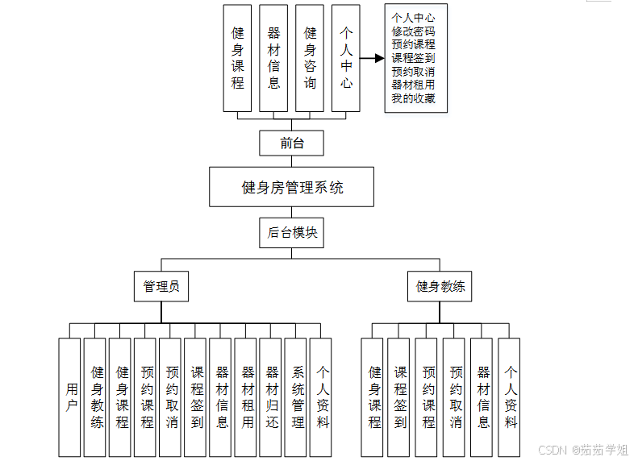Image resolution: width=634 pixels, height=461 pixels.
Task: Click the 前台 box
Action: (x=291, y=143)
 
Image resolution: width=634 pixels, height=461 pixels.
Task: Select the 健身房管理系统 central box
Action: (x=291, y=187)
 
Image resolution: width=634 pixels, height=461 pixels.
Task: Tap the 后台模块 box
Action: (x=291, y=234)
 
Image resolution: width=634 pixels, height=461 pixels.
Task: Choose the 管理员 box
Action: (x=161, y=286)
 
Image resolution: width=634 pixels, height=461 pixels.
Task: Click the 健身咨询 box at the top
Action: (x=310, y=57)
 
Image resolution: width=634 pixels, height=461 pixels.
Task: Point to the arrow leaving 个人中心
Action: (x=371, y=58)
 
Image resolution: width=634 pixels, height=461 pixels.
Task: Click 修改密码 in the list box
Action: (x=413, y=30)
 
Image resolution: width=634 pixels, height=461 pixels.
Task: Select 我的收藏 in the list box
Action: (x=413, y=98)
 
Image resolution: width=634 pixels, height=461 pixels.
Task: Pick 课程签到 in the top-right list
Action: (x=413, y=57)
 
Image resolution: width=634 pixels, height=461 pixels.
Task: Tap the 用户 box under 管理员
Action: (x=71, y=397)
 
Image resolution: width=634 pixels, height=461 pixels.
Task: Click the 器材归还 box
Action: (x=273, y=397)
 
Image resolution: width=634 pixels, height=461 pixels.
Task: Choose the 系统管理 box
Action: (x=298, y=397)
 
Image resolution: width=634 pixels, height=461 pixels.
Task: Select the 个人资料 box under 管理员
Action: (x=323, y=397)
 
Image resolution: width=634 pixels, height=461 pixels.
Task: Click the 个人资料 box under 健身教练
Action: (x=510, y=397)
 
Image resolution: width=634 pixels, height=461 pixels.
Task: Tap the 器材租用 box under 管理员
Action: (x=248, y=397)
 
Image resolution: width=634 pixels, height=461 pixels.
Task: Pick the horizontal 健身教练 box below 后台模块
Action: (x=440, y=286)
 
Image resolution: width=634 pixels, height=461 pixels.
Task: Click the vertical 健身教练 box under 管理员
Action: (x=96, y=397)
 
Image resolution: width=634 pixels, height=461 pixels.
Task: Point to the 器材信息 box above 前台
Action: (x=273, y=57)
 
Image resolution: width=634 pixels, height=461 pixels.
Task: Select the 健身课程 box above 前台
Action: (x=237, y=57)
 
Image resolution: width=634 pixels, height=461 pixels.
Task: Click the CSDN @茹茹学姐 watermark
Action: (x=582, y=450)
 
